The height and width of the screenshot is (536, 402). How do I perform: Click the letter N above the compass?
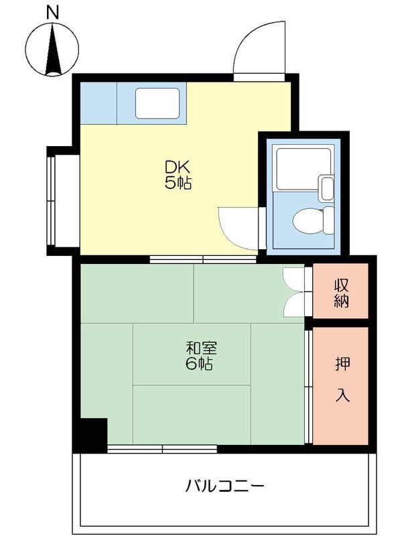(52, 13)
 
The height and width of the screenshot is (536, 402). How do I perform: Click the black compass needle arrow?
(53, 49)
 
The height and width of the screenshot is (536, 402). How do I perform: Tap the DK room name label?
(178, 167)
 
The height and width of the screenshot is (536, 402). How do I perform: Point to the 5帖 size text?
(178, 184)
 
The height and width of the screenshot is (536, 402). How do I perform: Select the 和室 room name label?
(202, 348)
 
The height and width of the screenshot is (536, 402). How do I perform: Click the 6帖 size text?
(200, 364)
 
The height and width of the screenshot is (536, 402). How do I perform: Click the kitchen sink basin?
(157, 103)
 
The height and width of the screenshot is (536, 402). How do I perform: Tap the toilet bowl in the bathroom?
(313, 220)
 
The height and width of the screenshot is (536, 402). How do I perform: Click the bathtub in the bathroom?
(304, 169)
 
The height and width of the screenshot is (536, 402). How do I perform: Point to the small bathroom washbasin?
(326, 188)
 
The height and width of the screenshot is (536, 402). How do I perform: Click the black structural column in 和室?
(94, 431)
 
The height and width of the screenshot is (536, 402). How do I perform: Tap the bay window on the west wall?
(52, 200)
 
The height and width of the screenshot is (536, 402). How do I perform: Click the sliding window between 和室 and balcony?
(162, 448)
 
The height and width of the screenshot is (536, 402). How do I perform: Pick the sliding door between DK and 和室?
(203, 259)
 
